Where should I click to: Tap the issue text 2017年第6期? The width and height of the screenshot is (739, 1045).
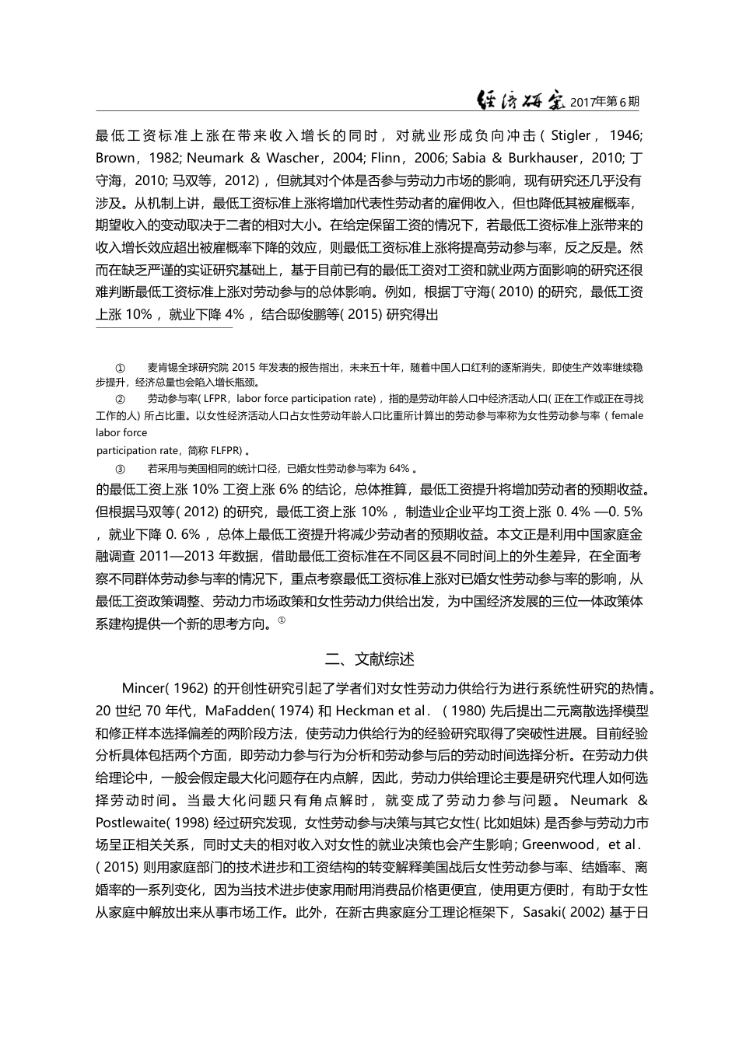(x=605, y=102)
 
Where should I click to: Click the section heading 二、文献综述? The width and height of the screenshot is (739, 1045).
(x=369, y=659)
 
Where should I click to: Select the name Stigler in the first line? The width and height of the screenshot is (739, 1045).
(x=570, y=135)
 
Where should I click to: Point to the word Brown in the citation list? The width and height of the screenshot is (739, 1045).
(x=114, y=158)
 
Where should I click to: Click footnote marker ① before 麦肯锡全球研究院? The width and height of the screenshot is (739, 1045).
(x=120, y=367)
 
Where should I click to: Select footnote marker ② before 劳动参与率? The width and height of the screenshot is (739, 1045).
(x=120, y=399)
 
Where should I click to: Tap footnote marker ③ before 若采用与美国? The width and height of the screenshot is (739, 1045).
(x=120, y=468)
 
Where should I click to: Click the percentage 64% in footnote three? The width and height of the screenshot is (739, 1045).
(x=399, y=468)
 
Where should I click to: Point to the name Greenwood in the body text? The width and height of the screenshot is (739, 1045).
(x=559, y=845)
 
